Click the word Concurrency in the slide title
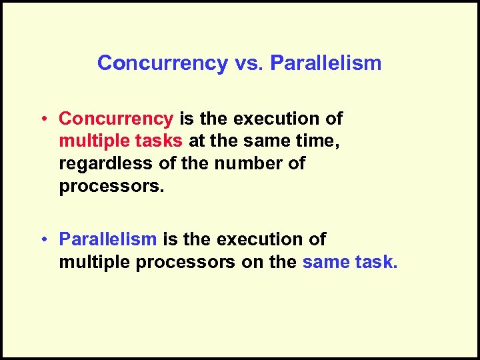coord(162,63)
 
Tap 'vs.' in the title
coord(249,63)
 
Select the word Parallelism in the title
coord(326,63)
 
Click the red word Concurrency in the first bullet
coord(116,119)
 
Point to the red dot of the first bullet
coord(42,119)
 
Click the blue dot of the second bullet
coord(42,239)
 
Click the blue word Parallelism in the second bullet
coord(108,239)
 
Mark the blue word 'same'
coord(325,262)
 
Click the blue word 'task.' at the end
coord(376,262)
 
